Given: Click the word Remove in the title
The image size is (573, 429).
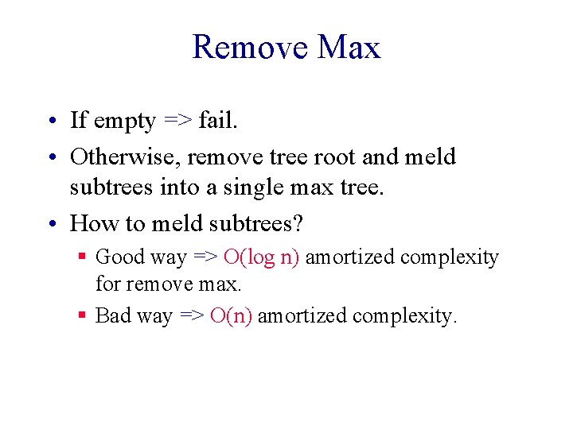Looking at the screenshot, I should pos(250,48).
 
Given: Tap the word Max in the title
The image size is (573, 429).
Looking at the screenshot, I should pos(349,48).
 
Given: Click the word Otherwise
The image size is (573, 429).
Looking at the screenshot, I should pos(125,157).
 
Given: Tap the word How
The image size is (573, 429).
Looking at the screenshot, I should pos(91,223).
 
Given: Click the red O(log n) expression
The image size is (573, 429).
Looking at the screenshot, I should pos(261,257).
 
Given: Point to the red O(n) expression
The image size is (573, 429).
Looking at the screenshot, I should pos(231,315).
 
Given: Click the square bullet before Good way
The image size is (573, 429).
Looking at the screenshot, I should pos(82,257).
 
